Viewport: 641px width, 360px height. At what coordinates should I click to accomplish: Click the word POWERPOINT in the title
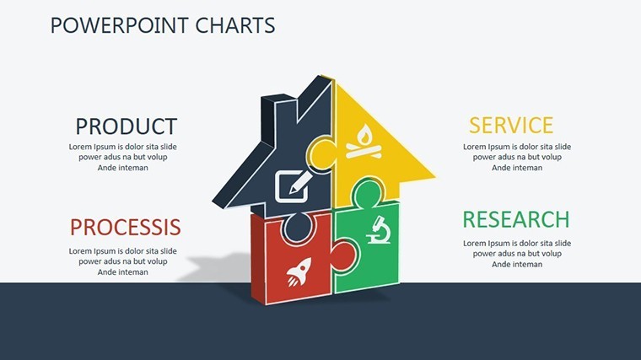pyautogui.click(x=120, y=25)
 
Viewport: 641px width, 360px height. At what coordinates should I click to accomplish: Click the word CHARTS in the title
pyautogui.click(x=235, y=25)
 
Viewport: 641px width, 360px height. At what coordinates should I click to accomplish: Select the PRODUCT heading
pyautogui.click(x=127, y=126)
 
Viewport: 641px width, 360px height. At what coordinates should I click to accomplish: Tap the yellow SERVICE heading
pyautogui.click(x=511, y=125)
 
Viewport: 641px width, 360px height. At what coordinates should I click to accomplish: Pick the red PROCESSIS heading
pyautogui.click(x=126, y=227)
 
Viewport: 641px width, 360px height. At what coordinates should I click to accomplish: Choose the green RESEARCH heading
pyautogui.click(x=516, y=219)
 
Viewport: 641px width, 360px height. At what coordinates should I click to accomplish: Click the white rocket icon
pyautogui.click(x=299, y=271)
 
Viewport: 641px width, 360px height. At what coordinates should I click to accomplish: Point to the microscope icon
pyautogui.click(x=379, y=230)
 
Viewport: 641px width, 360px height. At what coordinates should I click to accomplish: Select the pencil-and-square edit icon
pyautogui.click(x=294, y=186)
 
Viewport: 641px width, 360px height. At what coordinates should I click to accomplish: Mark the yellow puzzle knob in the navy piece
pyautogui.click(x=320, y=156)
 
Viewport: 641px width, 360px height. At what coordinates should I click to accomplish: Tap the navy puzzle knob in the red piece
pyautogui.click(x=298, y=227)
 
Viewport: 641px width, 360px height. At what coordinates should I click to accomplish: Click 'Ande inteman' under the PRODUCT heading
pyautogui.click(x=122, y=168)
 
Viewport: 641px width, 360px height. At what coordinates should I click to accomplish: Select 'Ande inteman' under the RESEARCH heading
pyautogui.click(x=517, y=265)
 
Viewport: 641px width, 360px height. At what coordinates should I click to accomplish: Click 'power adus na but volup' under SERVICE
pyautogui.click(x=517, y=157)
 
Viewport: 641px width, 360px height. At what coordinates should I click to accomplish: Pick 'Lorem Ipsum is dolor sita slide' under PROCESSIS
pyautogui.click(x=122, y=251)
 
